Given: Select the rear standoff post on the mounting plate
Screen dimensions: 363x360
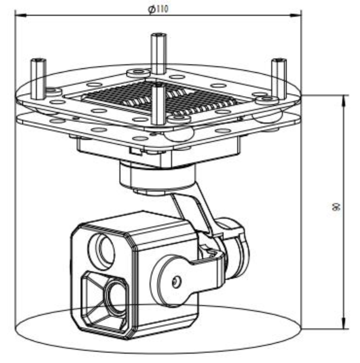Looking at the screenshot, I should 158,52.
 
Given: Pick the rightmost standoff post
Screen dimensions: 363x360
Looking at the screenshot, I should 278,74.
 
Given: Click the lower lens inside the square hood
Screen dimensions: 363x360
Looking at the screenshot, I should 115,297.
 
